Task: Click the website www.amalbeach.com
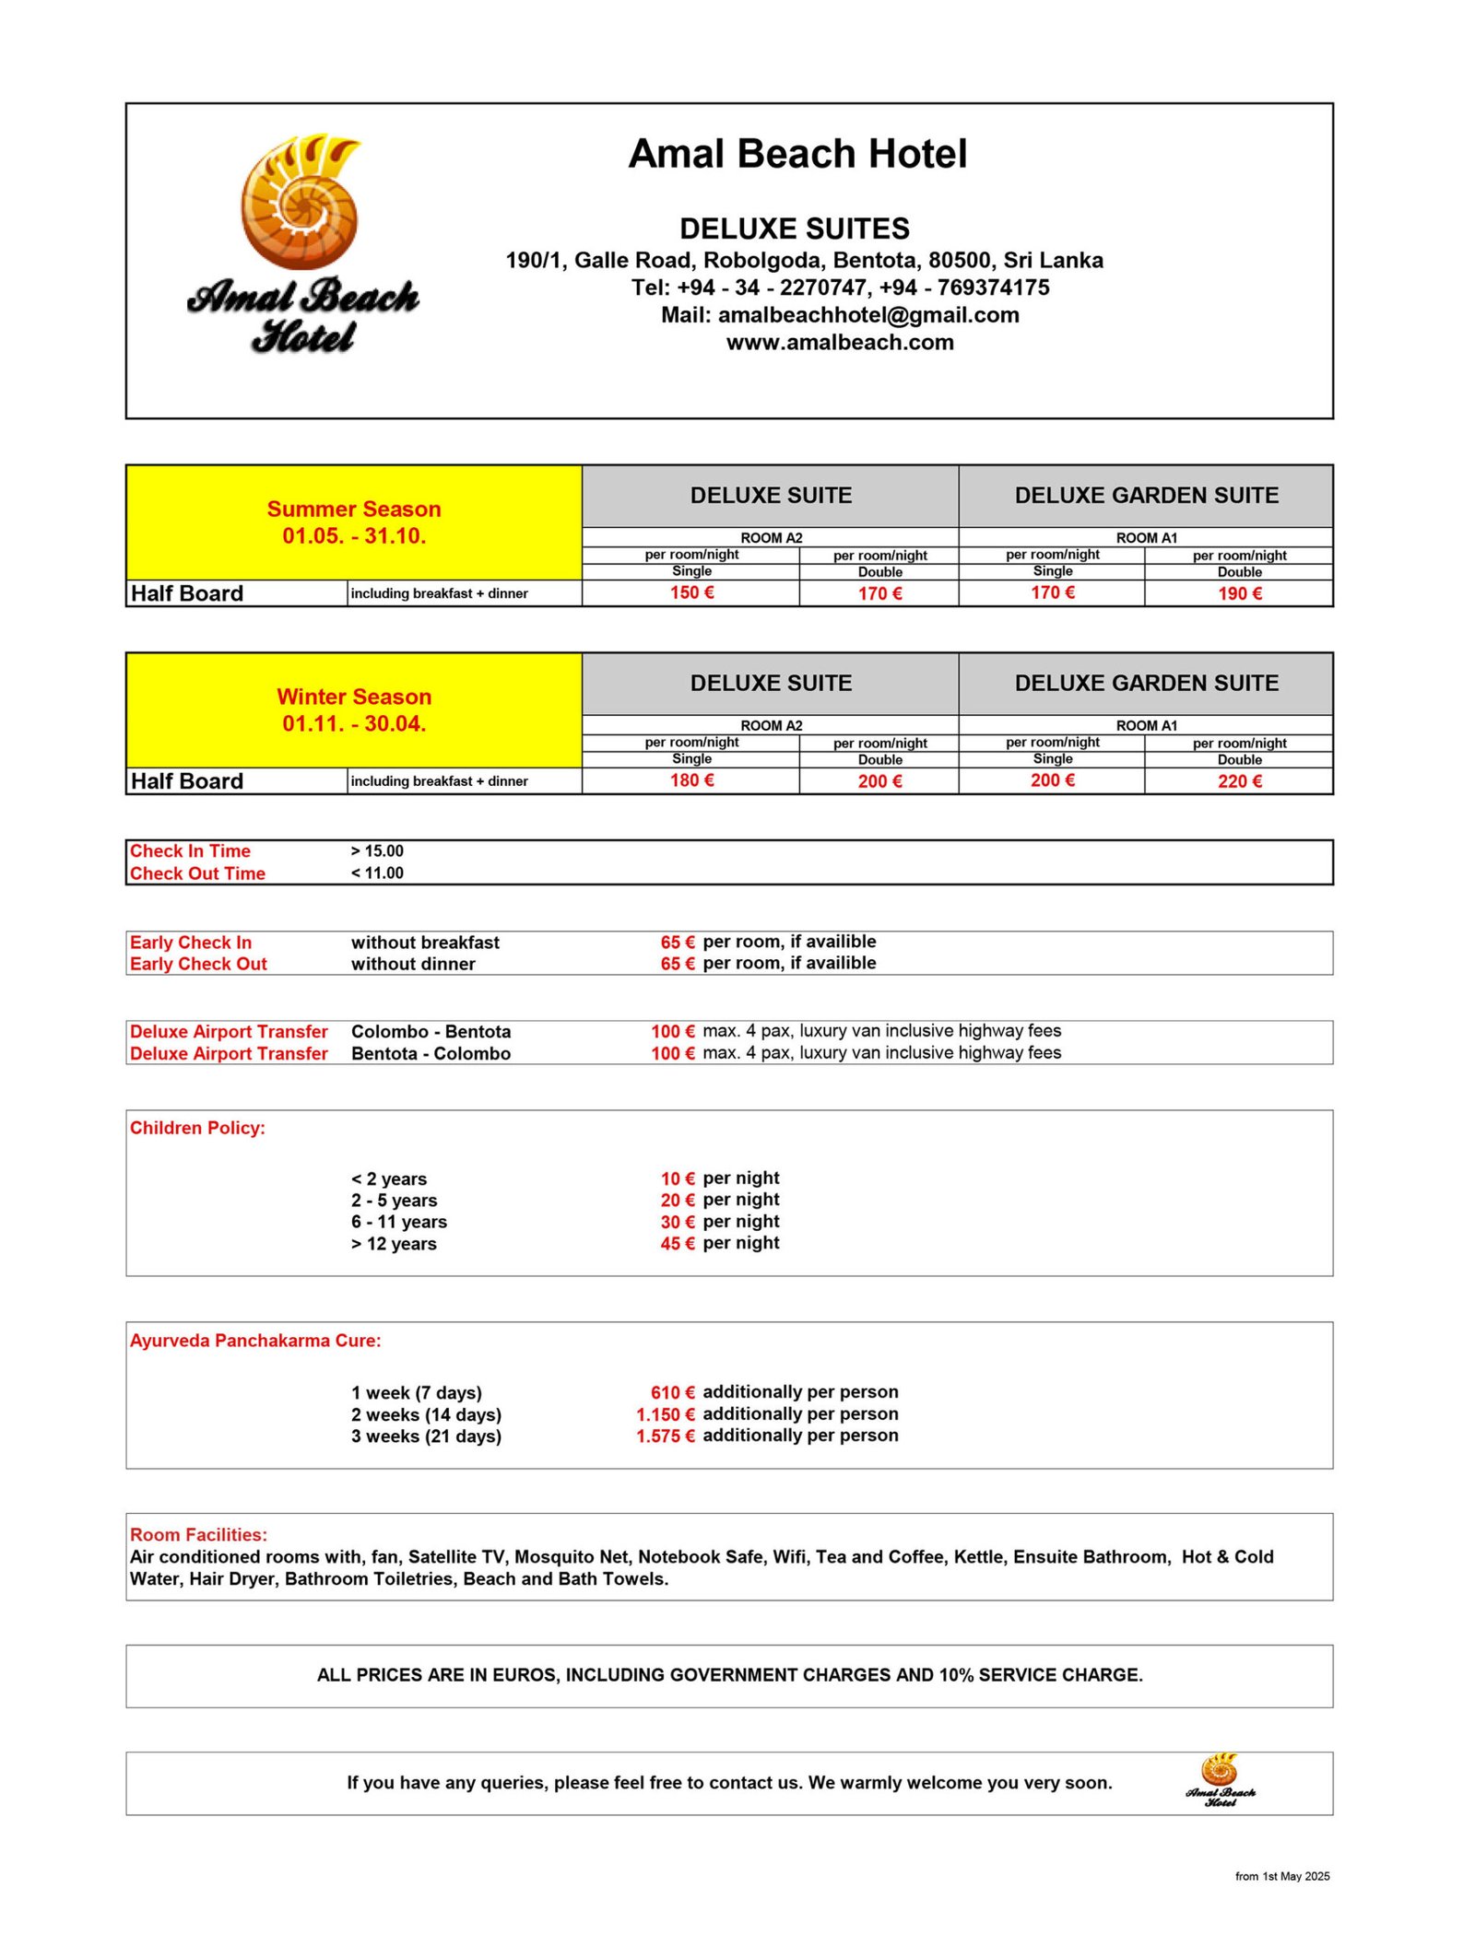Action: coord(840,343)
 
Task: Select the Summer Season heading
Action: coord(354,509)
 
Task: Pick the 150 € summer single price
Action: coord(691,592)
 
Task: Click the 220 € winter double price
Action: coord(1239,781)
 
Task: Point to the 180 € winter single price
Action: coord(691,780)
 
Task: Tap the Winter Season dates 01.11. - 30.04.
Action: coord(354,724)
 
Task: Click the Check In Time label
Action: coord(190,850)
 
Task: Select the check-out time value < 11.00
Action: coord(377,873)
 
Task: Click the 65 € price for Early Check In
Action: coord(677,942)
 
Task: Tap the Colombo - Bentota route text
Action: coord(431,1031)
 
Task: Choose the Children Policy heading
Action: coord(197,1128)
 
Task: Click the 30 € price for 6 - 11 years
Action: coord(677,1222)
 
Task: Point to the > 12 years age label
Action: coord(394,1244)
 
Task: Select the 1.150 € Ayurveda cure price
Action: coord(665,1414)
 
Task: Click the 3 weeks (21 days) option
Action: coord(426,1436)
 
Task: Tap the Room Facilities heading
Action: coord(198,1535)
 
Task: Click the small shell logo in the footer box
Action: coord(1220,1782)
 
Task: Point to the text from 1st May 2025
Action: coord(1281,1876)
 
